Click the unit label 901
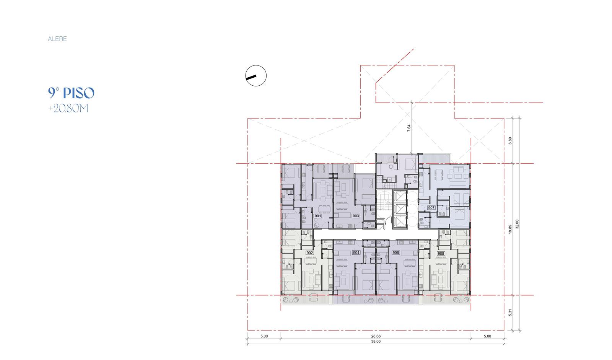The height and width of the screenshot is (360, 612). click(x=318, y=216)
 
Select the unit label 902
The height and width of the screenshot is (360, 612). click(x=309, y=253)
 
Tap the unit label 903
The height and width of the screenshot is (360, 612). click(x=356, y=216)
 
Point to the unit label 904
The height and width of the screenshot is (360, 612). click(x=356, y=253)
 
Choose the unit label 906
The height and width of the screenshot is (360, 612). click(x=396, y=253)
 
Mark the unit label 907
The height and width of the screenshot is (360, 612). click(x=431, y=208)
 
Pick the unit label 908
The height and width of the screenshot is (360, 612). click(x=441, y=254)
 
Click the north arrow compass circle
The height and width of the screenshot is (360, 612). click(x=256, y=76)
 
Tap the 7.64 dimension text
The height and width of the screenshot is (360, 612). click(x=409, y=128)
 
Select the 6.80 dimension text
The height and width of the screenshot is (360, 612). click(x=510, y=141)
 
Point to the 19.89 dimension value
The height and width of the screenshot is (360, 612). click(x=510, y=229)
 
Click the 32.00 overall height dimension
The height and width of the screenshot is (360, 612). click(x=517, y=224)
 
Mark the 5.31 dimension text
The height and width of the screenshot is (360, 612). click(x=510, y=313)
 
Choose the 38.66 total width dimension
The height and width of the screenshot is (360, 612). click(x=376, y=341)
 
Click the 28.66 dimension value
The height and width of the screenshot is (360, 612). click(x=376, y=336)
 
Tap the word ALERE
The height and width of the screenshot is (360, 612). click(x=57, y=39)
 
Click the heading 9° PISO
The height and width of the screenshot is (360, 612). click(x=71, y=93)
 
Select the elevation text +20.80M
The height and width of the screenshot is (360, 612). click(x=68, y=109)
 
